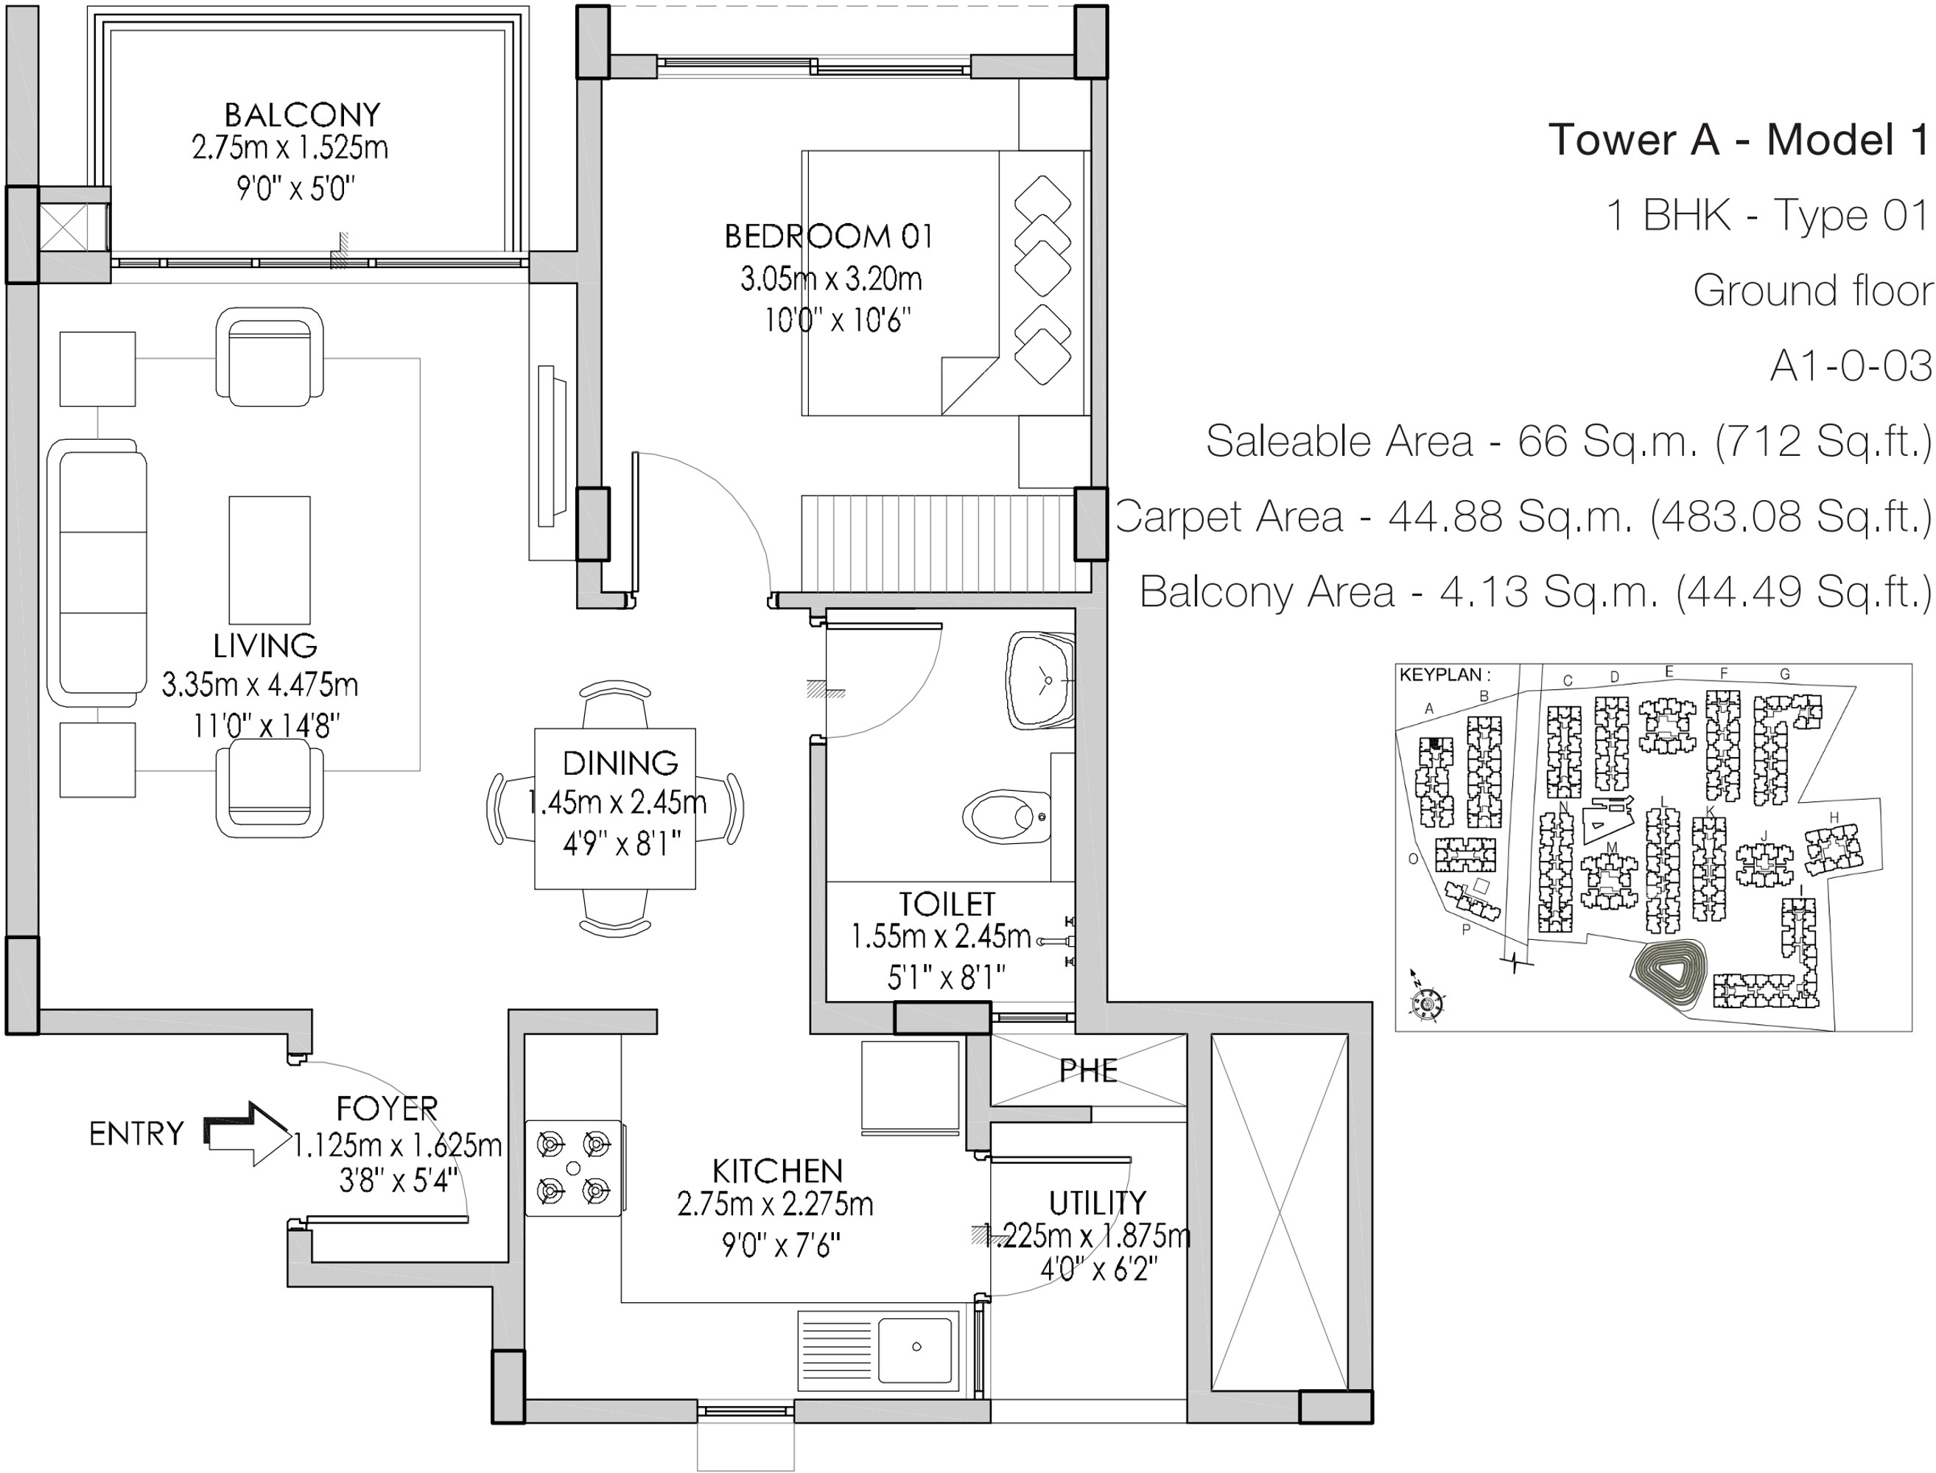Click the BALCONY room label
click(x=303, y=114)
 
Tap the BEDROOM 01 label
click(x=829, y=236)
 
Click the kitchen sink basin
click(x=916, y=1350)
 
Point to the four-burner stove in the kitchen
click(x=573, y=1168)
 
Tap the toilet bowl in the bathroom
click(x=1006, y=816)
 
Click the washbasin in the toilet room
click(x=1040, y=681)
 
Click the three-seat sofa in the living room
click(x=97, y=574)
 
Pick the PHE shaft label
click(x=1088, y=1071)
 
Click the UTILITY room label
click(x=1097, y=1202)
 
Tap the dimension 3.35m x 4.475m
click(x=260, y=684)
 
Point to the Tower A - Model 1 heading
click(x=1739, y=139)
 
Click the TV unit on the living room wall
click(x=550, y=446)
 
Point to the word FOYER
click(x=387, y=1108)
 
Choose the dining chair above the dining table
click(x=616, y=703)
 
